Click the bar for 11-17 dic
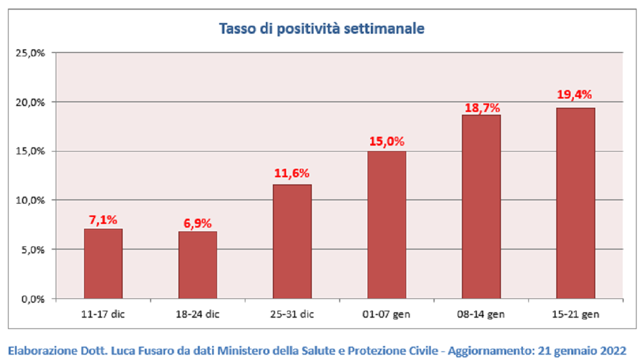click(103, 264)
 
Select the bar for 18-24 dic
click(198, 265)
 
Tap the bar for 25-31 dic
click(292, 242)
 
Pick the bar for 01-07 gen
click(387, 225)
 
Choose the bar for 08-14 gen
click(481, 207)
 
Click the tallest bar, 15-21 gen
click(576, 203)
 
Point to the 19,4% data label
click(574, 95)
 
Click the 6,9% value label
click(198, 223)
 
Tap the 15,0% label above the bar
click(387, 141)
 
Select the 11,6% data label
click(291, 173)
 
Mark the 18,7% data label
click(482, 108)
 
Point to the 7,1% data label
click(103, 220)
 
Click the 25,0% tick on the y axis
click(31, 53)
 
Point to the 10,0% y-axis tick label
click(31, 200)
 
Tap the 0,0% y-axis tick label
click(33, 299)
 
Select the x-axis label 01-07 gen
click(386, 314)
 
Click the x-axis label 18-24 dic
click(198, 314)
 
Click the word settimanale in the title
click(384, 29)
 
